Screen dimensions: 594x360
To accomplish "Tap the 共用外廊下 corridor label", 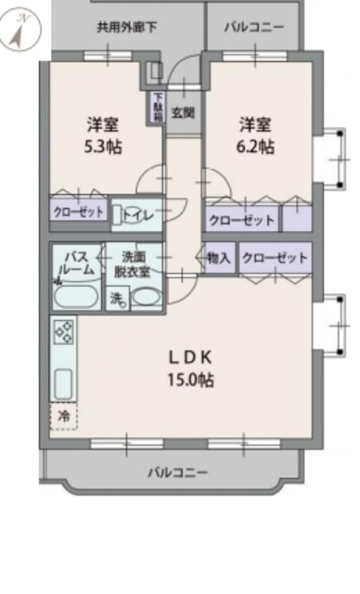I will pos(126,27).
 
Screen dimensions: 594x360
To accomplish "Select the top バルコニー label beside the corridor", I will pos(253,27).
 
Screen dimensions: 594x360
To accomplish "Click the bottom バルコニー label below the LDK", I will pos(178,473).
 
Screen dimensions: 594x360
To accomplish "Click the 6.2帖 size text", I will pos(257,147).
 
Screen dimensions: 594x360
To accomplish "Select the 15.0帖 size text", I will pos(191,381).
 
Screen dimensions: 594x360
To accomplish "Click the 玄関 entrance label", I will pos(183,113).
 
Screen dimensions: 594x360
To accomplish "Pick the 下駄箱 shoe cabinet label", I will pos(158,106).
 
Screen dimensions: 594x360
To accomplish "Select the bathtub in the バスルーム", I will pos(71,296).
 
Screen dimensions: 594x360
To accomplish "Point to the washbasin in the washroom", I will pos(147,297).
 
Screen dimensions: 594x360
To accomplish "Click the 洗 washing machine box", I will pos(117,298).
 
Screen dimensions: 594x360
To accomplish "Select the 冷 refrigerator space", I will pos(64,416).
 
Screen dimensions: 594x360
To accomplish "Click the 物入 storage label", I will pos(218,257).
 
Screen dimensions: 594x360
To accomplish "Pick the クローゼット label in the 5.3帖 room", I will pos(78,213).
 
